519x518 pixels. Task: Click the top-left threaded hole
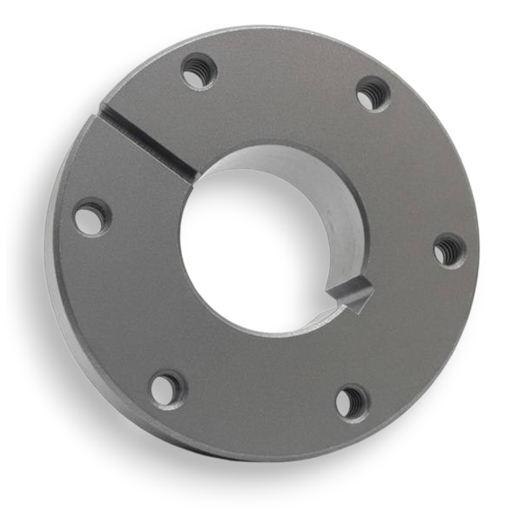(x=199, y=71)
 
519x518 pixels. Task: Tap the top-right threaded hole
(x=373, y=93)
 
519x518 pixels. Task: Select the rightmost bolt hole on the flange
(x=448, y=251)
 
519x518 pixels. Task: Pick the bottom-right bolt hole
(x=352, y=402)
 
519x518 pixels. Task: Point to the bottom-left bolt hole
(x=166, y=387)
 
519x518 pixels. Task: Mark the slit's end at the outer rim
(x=104, y=111)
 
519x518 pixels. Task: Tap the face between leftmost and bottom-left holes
(x=113, y=305)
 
